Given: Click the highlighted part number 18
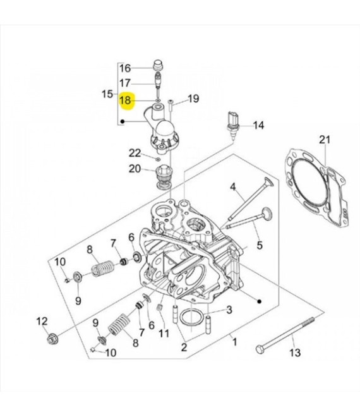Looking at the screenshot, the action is coord(125,100).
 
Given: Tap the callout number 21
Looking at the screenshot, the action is coord(325,140).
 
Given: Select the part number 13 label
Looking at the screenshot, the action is coord(295,353).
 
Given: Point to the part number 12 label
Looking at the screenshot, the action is coord(42,321).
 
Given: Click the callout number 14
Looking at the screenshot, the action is coord(258,125).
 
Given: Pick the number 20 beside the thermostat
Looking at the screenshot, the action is coord(135,169).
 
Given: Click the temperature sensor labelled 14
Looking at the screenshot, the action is coord(233,124).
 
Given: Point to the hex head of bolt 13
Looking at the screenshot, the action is coord(260,349).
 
